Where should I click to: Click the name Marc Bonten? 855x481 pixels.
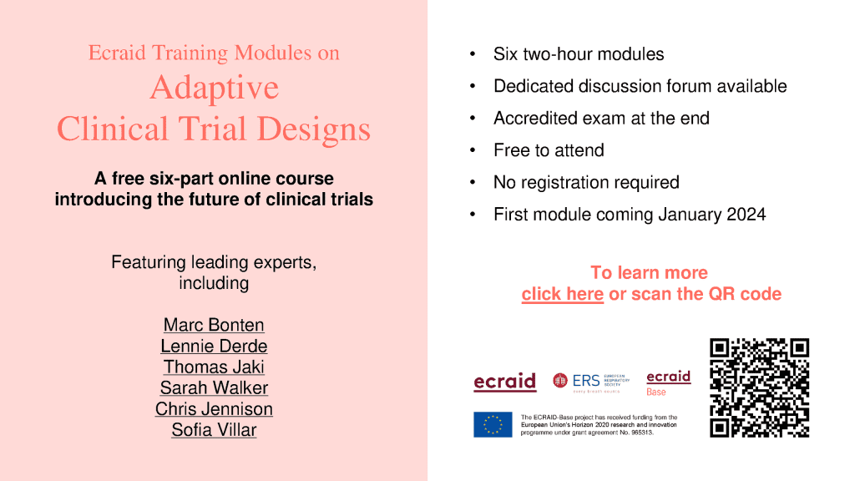click(214, 325)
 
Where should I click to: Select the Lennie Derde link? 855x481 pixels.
click(214, 347)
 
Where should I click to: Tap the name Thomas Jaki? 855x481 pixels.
click(214, 367)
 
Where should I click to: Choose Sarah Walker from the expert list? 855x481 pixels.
click(214, 387)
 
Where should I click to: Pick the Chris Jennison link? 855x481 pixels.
click(214, 409)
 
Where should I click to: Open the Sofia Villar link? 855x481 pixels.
click(214, 430)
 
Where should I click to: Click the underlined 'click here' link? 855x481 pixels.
click(562, 294)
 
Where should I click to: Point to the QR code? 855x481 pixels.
click(759, 387)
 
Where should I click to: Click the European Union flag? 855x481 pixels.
click(493, 425)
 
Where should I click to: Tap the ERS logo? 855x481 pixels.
click(591, 382)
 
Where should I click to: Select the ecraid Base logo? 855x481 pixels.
click(669, 383)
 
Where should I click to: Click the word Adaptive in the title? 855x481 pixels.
click(215, 88)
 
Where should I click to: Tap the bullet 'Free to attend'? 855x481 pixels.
click(549, 150)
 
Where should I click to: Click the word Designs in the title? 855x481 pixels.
click(314, 129)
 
